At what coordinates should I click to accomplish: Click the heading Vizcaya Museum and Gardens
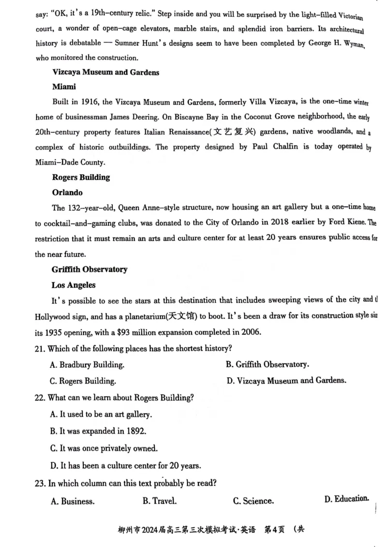coord(105,73)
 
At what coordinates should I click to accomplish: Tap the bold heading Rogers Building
coord(81,177)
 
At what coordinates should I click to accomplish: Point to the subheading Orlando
coord(67,192)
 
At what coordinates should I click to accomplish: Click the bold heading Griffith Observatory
coord(89,269)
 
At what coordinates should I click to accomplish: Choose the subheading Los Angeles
coord(74,285)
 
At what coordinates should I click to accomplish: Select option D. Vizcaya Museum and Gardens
coord(286,381)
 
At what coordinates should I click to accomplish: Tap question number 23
coord(40,483)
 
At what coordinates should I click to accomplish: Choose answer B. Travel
coord(159,501)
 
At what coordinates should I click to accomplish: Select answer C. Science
coord(253,501)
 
